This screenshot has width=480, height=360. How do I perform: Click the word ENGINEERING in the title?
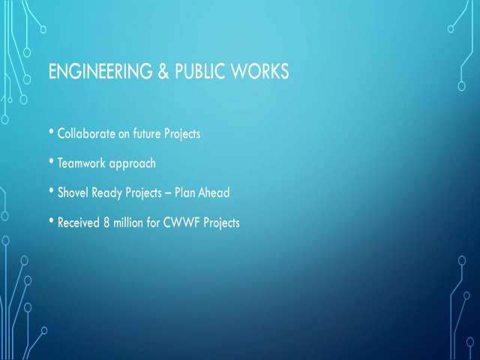[x=100, y=71]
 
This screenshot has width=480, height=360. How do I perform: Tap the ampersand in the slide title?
[x=163, y=71]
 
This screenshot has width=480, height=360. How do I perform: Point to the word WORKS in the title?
[x=260, y=71]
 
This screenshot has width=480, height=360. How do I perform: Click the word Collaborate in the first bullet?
[x=86, y=133]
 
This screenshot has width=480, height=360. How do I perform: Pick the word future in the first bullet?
[x=147, y=133]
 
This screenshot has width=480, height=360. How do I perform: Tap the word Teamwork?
[x=82, y=163]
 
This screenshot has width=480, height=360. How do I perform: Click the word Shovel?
[x=73, y=193]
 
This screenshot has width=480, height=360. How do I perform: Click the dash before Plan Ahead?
[x=168, y=193]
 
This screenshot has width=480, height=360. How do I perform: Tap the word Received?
[x=79, y=223]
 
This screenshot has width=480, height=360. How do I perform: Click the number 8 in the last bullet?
[x=106, y=223]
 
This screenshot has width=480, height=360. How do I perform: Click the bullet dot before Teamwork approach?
[x=51, y=161]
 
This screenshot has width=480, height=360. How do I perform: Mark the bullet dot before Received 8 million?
[x=51, y=220]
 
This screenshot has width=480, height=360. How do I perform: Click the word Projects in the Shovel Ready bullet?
[x=143, y=193]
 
